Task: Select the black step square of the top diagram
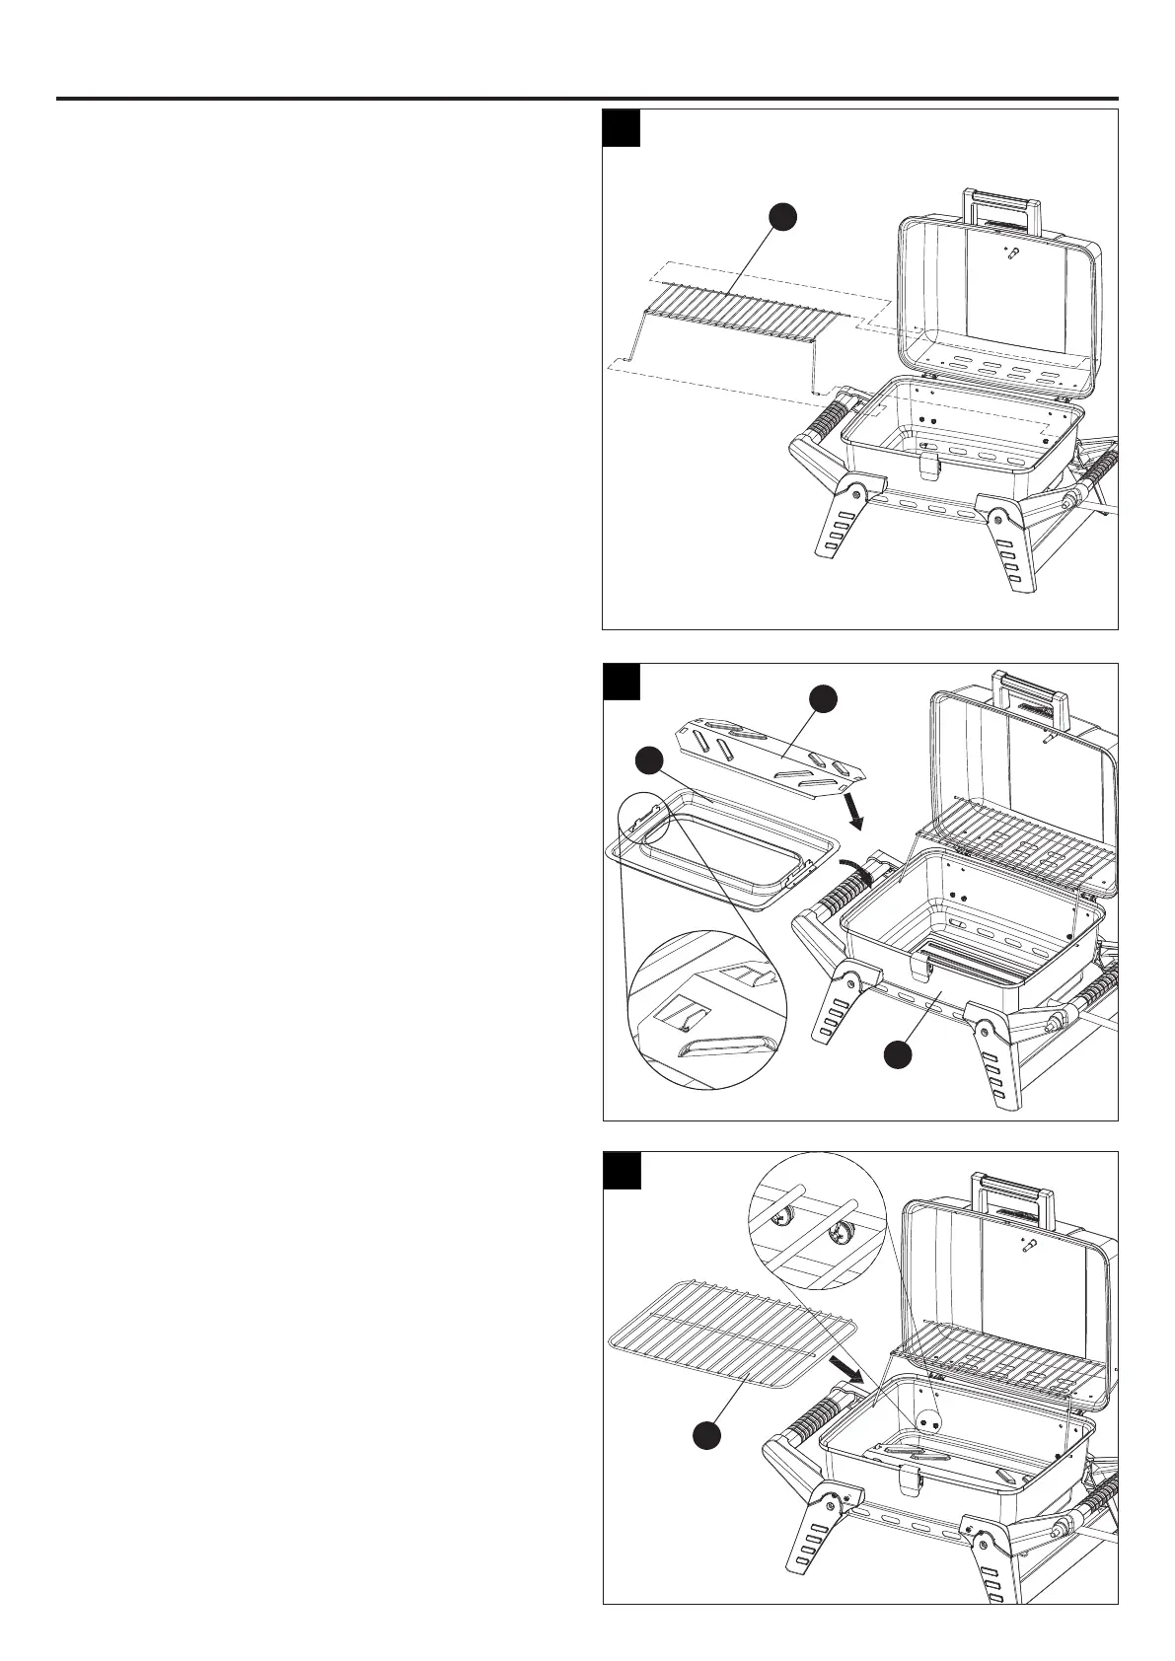623,128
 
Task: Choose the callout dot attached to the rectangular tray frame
647,760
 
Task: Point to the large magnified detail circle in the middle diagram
707,1011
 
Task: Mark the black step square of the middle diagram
623,683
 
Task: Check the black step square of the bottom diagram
623,1171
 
